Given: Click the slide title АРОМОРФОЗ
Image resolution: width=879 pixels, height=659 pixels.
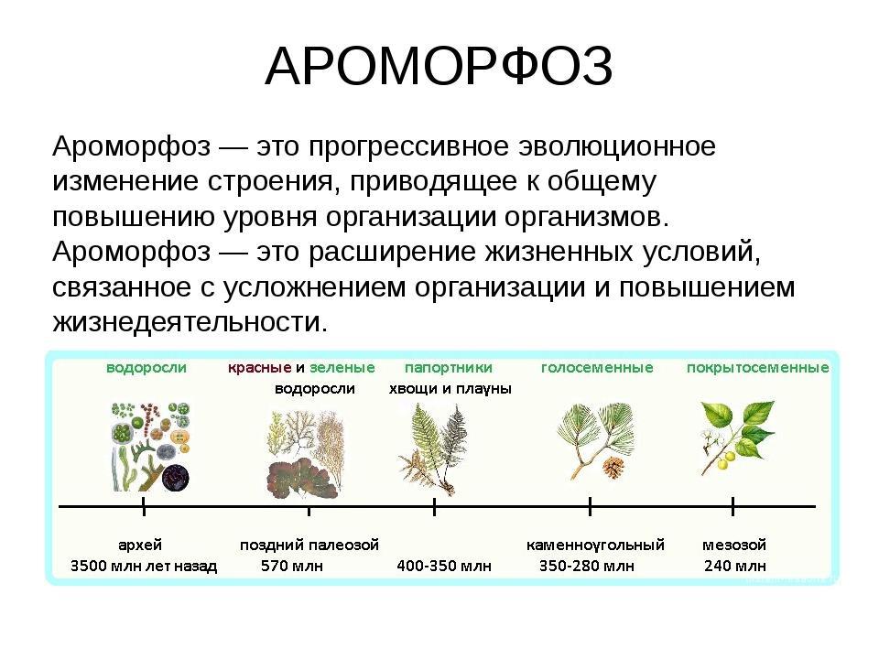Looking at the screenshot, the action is (x=439, y=67).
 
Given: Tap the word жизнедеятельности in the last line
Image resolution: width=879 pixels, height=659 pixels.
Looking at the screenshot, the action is (x=190, y=321).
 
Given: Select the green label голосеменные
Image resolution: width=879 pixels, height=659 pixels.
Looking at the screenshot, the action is (x=597, y=368).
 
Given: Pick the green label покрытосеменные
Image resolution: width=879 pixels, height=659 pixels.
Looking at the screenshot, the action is (x=758, y=368).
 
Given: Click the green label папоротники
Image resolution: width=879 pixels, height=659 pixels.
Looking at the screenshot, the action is (x=449, y=368).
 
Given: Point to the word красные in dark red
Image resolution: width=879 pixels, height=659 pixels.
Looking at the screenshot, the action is (x=259, y=368).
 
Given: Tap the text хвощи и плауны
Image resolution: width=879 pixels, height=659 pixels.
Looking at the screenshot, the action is (x=450, y=389).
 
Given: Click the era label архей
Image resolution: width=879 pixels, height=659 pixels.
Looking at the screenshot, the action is (x=140, y=545).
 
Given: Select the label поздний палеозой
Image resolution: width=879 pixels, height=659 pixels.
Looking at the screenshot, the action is (x=309, y=545).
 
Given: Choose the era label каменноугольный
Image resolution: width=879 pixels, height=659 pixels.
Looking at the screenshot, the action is (x=595, y=545).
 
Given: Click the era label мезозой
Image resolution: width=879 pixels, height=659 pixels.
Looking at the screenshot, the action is (x=733, y=545).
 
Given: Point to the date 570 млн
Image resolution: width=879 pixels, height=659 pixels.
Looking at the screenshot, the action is (x=292, y=566).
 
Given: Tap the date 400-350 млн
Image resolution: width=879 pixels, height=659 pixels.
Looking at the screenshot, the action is (x=444, y=566).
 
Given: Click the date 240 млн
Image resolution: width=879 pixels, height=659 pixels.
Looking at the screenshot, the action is (x=735, y=566).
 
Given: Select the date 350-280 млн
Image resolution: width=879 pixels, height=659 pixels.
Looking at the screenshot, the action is (x=587, y=566).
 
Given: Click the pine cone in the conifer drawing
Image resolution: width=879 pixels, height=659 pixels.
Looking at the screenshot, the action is (x=613, y=467).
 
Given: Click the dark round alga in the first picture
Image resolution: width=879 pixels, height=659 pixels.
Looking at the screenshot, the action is (x=176, y=478).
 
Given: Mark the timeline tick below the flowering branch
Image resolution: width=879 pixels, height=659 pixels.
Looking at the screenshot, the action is (x=732, y=506).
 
